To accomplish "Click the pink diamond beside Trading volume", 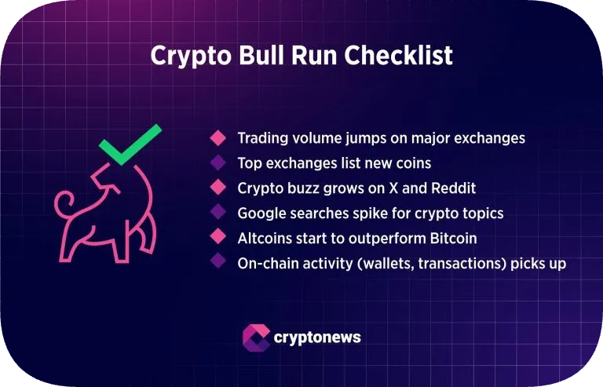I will pos(217,138).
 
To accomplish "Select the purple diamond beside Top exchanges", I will pos(217,163).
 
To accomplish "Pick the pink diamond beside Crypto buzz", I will pos(217,188).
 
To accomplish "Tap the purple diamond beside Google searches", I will pos(217,214).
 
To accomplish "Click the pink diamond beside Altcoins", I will pos(217,239).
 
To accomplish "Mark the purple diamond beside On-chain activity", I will pos(217,264).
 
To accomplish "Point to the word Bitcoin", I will pos(451,239).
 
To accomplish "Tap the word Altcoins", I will pos(264,239).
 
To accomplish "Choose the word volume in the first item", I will pos(316,138).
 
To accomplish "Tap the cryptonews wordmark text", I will pos(317,338).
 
